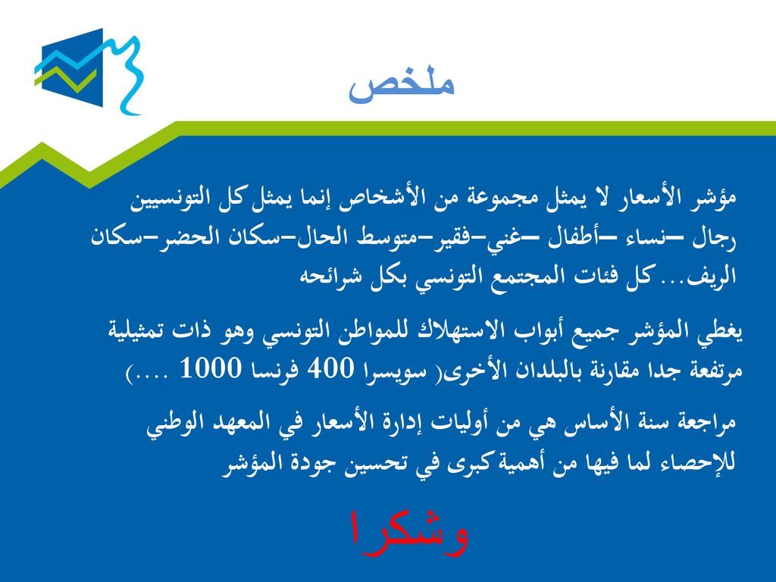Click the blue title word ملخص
point(402,87)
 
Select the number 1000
point(211,369)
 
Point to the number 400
point(331,369)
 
